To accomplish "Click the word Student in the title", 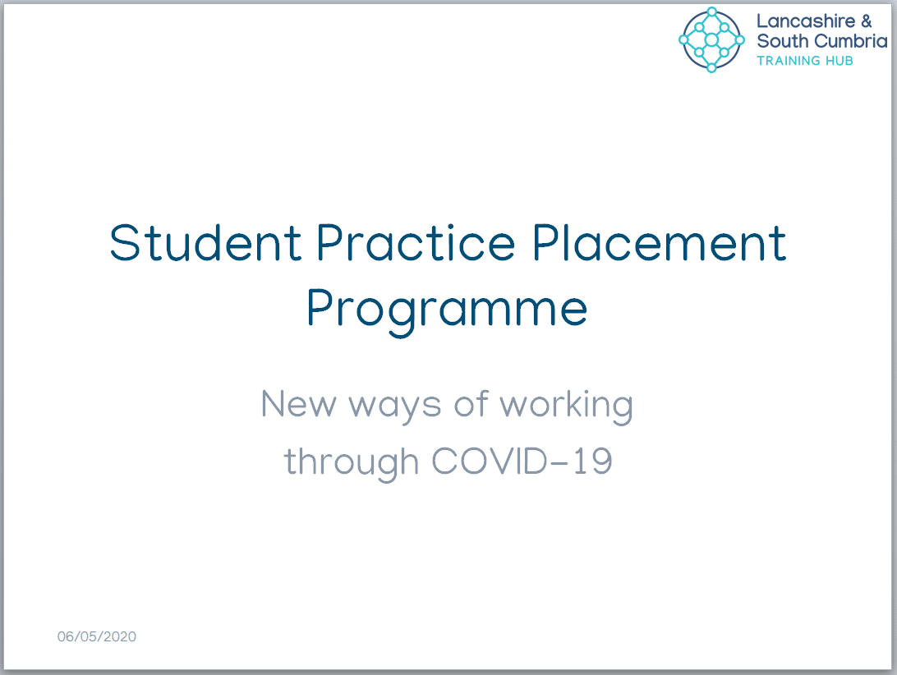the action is (205, 242).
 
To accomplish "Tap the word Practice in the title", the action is (416, 242).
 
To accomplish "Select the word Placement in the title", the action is (660, 242).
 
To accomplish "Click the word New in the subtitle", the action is (299, 404).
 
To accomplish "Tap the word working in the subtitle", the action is (566, 406).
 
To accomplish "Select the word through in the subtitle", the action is (352, 463).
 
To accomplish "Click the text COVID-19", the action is (522, 461).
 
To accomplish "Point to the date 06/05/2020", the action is (97, 636).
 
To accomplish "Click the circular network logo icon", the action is (711, 39).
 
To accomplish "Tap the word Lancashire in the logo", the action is (806, 21).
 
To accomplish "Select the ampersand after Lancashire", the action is (866, 21).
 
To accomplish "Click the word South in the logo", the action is (782, 41).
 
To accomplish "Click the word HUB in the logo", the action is (839, 61).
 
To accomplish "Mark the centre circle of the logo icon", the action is (711, 39).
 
